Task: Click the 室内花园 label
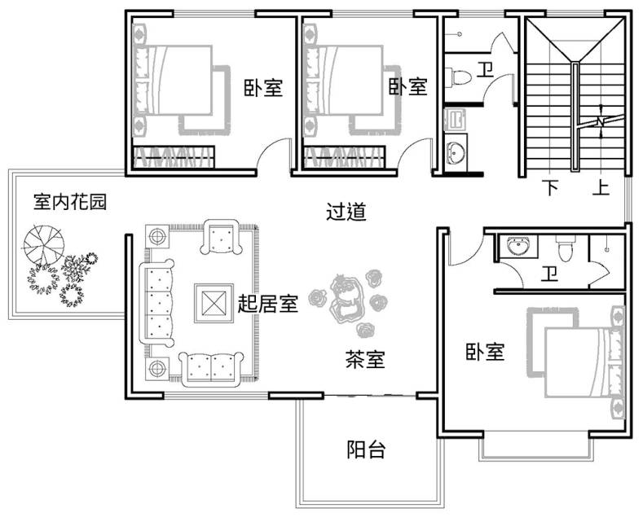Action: click(x=70, y=202)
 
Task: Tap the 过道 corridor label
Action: click(x=346, y=212)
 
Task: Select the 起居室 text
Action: click(x=268, y=304)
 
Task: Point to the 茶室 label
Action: click(x=364, y=359)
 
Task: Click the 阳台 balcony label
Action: click(x=366, y=449)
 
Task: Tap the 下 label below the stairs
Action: click(x=551, y=187)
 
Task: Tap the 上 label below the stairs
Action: click(x=601, y=187)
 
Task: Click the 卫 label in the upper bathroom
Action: click(x=485, y=71)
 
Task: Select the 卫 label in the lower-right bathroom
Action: click(x=549, y=274)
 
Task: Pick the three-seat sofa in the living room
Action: click(x=157, y=302)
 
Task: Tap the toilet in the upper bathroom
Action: click(x=458, y=78)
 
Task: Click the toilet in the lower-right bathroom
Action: click(x=566, y=248)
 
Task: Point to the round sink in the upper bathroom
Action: click(x=456, y=152)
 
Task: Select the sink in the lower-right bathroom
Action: click(x=518, y=246)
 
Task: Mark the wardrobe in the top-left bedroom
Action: click(x=174, y=157)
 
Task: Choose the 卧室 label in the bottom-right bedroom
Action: click(x=485, y=352)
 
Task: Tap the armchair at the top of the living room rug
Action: click(x=221, y=237)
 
